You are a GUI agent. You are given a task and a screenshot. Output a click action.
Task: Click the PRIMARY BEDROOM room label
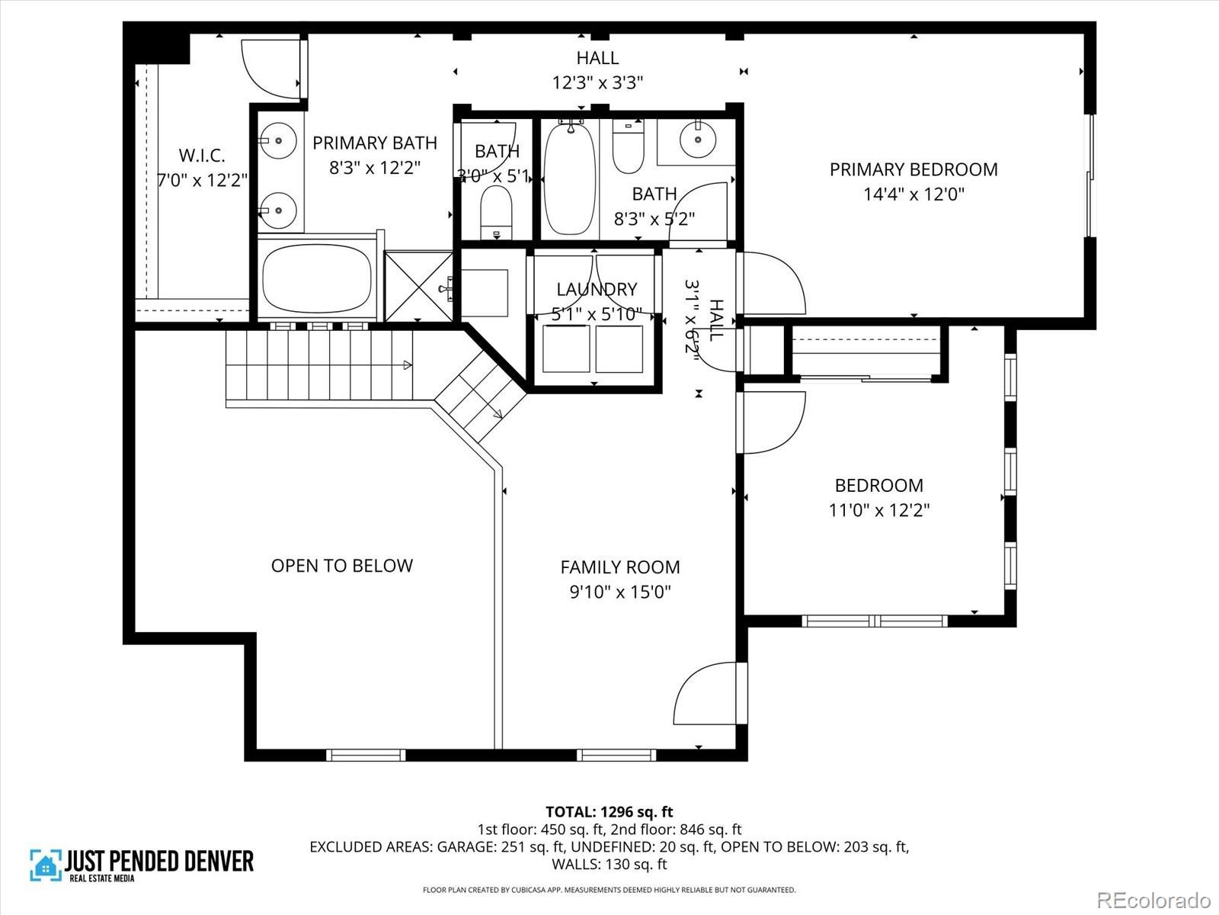coord(913,169)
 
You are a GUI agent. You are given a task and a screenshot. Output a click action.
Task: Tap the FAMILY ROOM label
coord(619,567)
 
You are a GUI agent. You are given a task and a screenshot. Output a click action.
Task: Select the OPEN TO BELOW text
coord(341,566)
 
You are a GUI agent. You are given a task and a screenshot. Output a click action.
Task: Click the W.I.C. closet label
coord(202,156)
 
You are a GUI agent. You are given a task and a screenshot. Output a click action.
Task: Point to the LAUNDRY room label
coord(597,289)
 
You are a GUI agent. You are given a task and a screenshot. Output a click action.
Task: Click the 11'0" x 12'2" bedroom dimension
coord(878,510)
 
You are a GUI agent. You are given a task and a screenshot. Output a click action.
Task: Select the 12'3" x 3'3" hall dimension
coord(597,82)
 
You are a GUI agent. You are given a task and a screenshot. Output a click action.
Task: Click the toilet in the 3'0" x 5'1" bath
coord(496,212)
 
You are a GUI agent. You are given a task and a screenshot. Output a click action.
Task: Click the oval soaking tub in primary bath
coord(316,278)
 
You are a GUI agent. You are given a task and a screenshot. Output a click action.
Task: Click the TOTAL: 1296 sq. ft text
coord(609,812)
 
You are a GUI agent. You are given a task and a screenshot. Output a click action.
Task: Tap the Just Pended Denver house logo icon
coord(45,865)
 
